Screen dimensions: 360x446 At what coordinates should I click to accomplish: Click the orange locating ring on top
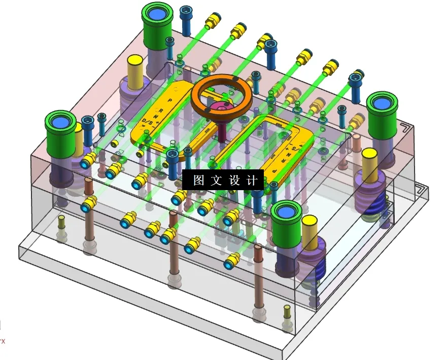(x=221, y=86)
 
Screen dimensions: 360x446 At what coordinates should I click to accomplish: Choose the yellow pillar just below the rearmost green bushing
(x=135, y=71)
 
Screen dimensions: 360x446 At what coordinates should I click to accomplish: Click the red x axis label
(x=2, y=341)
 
